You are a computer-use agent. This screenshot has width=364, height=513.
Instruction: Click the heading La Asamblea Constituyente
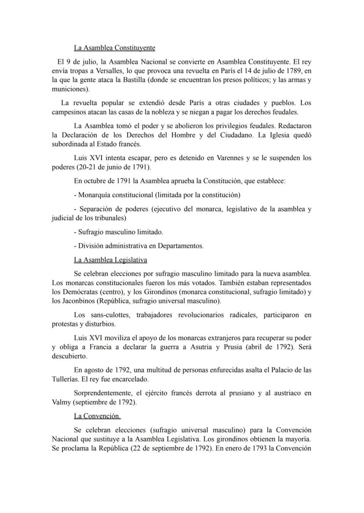coord(114,47)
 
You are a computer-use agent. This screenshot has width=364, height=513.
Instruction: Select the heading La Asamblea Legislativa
coord(110,260)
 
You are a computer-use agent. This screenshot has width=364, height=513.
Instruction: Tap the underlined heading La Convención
coord(97,416)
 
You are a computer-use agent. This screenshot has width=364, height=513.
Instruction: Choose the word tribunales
coord(109,218)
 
